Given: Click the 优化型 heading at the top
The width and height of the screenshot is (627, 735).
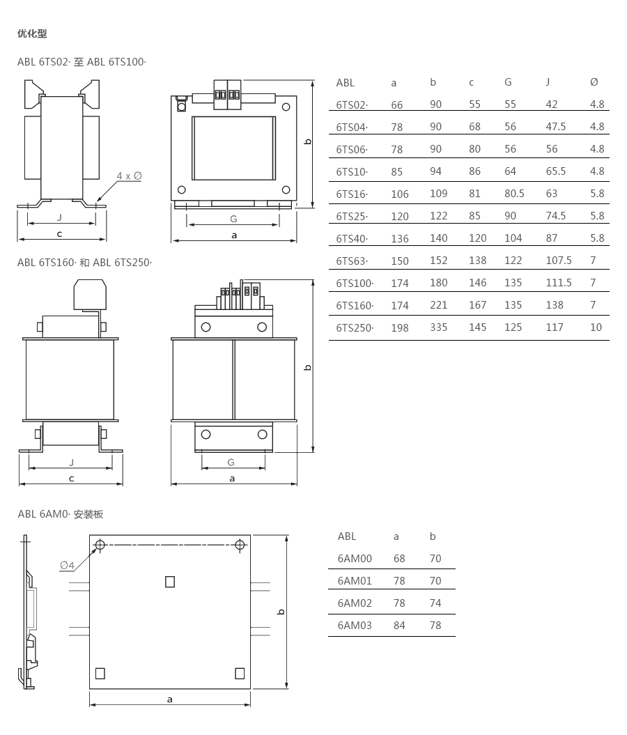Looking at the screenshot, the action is tap(32, 33).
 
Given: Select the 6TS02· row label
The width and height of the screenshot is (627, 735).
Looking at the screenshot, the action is tap(352, 105).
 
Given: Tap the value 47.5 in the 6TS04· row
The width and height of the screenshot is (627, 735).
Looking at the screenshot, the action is tap(555, 127).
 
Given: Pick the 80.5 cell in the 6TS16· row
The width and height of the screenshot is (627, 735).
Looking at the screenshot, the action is tap(514, 194).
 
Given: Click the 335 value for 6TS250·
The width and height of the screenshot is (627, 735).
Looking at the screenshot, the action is tap(439, 327).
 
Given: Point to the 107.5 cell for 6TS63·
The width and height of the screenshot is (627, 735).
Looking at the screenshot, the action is tap(559, 260).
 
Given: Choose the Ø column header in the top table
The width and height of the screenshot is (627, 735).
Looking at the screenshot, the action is tap(594, 82).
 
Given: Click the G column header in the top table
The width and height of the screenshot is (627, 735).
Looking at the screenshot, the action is tap(508, 82).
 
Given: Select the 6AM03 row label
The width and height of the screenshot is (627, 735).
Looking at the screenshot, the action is tap(355, 626).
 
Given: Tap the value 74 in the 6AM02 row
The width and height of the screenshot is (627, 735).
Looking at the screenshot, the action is tap(435, 603).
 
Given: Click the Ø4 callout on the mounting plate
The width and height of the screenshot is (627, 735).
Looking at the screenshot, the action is tap(67, 565).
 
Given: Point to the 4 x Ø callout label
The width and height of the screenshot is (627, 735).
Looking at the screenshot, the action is tap(129, 176).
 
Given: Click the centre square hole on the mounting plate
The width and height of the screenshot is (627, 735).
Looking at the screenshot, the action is tap(170, 582).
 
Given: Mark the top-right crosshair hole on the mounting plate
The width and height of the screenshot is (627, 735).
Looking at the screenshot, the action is tap(240, 545).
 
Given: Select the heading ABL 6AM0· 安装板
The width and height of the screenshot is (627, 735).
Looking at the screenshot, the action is tap(61, 513).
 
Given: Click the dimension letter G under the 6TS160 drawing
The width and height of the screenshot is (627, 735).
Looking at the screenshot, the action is tap(231, 462).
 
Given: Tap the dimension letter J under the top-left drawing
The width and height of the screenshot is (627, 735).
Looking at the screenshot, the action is tap(59, 217).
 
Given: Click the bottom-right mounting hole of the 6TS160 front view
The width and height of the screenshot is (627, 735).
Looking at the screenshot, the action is tap(263, 435).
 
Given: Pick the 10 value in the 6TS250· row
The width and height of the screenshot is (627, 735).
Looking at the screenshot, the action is tap(596, 327).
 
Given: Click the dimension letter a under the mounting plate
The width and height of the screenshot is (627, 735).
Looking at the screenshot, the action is tap(169, 699).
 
